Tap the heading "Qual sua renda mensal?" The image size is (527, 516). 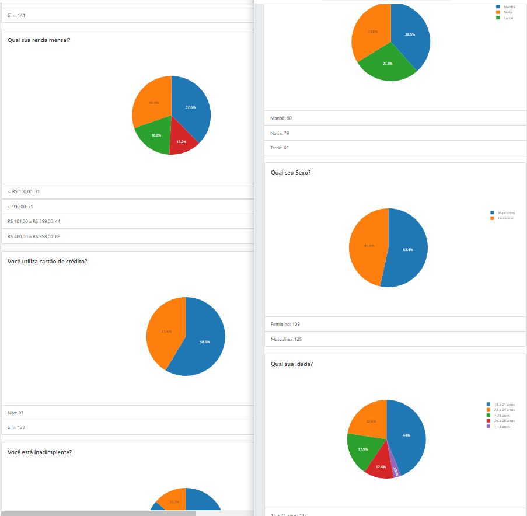point(39,40)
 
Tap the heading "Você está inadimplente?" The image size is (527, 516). point(40,452)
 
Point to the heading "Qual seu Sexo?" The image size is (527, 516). point(291,173)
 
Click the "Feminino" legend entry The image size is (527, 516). point(505,218)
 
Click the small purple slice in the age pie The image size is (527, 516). point(396,470)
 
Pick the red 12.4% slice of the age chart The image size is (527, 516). point(380,466)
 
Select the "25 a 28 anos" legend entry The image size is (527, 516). point(504,421)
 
